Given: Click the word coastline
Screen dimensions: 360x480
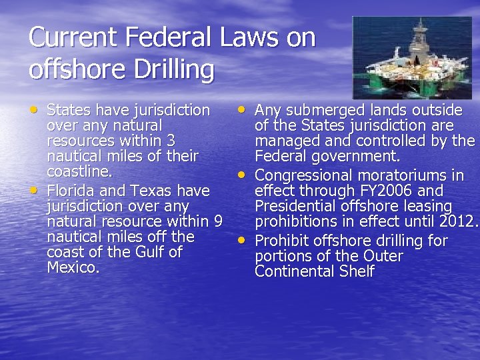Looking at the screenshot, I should pos(77,172).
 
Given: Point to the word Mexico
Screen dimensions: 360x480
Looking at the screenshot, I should pos(73,267).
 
